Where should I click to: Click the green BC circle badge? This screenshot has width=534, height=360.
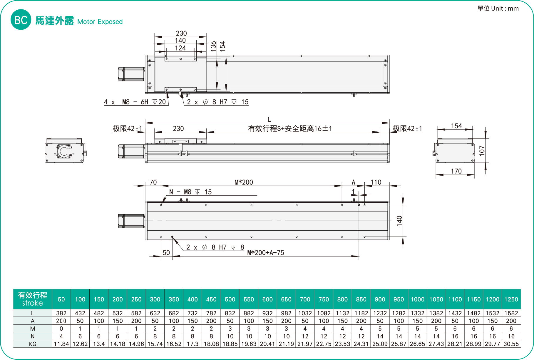pos(21,20)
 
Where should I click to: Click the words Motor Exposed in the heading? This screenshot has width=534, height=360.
pos(100,22)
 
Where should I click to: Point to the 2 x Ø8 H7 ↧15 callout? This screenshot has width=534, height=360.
pos(217,102)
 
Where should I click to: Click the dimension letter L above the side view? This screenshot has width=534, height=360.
pos(269,119)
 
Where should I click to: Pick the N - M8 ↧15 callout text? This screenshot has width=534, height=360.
pos(190,192)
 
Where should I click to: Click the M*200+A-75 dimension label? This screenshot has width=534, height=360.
pos(266,253)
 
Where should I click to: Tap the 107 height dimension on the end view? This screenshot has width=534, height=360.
pos(482,151)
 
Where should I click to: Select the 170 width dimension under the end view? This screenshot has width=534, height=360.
pos(456,171)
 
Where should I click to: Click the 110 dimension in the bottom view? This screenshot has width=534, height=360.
pos(376,182)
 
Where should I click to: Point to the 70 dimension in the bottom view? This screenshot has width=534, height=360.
pos(153,182)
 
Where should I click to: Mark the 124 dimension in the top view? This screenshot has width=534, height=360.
pos(180,48)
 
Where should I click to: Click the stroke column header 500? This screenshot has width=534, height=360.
pos(230,299)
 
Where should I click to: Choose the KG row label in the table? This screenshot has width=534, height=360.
pos(33,344)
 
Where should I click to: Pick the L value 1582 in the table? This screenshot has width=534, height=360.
pos(511,313)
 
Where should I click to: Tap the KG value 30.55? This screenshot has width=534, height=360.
pos(511,344)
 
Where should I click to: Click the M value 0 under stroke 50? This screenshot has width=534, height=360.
pos(61,329)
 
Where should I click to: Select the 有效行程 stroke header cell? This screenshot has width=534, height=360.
pos(33,299)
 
